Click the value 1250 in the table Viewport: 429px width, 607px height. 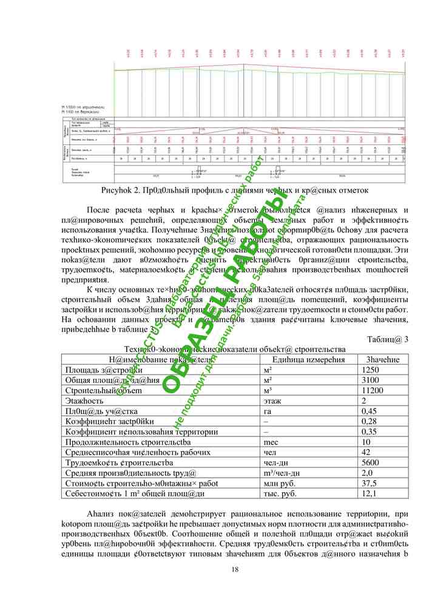pyautogui.click(x=370, y=370)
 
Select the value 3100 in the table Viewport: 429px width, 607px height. pyautogui.click(x=370, y=380)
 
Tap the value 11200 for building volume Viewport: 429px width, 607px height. pyautogui.click(x=371, y=390)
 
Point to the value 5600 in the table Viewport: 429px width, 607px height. pyautogui.click(x=370, y=463)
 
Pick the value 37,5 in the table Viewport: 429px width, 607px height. pyautogui.click(x=369, y=483)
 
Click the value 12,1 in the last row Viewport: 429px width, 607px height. pyautogui.click(x=369, y=493)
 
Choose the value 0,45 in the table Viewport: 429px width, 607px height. pyautogui.click(x=369, y=411)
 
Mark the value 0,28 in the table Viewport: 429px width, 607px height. pyautogui.click(x=369, y=421)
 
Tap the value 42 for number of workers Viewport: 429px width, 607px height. pyautogui.click(x=367, y=452)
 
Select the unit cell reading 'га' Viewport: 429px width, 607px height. pyautogui.click(x=268, y=411)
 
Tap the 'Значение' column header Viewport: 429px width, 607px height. pyautogui.click(x=382, y=359)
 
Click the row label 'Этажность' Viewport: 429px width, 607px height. pyautogui.click(x=84, y=401)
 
